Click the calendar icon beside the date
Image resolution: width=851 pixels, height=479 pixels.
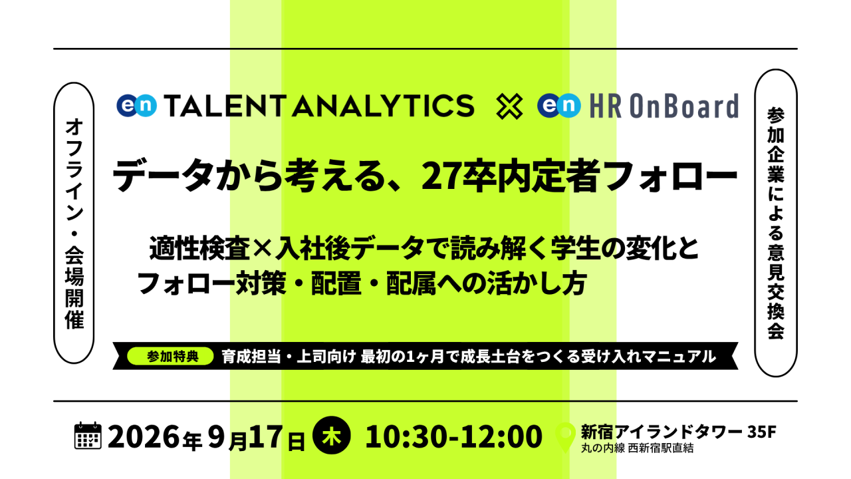tap(88, 435)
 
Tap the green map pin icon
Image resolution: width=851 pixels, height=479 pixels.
tap(565, 437)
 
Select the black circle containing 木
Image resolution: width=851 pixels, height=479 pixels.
tap(331, 435)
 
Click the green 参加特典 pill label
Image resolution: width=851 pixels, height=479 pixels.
tap(171, 356)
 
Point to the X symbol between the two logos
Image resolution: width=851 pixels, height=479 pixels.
tap(509, 107)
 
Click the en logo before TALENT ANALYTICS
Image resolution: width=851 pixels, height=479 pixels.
tap(136, 105)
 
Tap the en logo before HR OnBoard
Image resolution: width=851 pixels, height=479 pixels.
tap(559, 105)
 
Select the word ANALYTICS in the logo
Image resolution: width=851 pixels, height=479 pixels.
tap(384, 106)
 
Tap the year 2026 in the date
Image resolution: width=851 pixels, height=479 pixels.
tap(143, 436)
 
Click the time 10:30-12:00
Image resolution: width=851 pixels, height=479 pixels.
tap(453, 436)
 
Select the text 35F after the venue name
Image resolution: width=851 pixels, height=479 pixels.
tap(762, 432)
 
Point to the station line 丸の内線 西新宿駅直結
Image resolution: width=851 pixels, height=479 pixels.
tap(637, 448)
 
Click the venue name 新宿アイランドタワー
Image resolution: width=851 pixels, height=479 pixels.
tap(662, 432)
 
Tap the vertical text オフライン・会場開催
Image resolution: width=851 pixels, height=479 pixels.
tap(74, 223)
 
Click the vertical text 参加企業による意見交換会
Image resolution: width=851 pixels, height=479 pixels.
tap(776, 223)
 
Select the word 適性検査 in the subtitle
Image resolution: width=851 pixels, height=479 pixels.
tap(199, 249)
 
